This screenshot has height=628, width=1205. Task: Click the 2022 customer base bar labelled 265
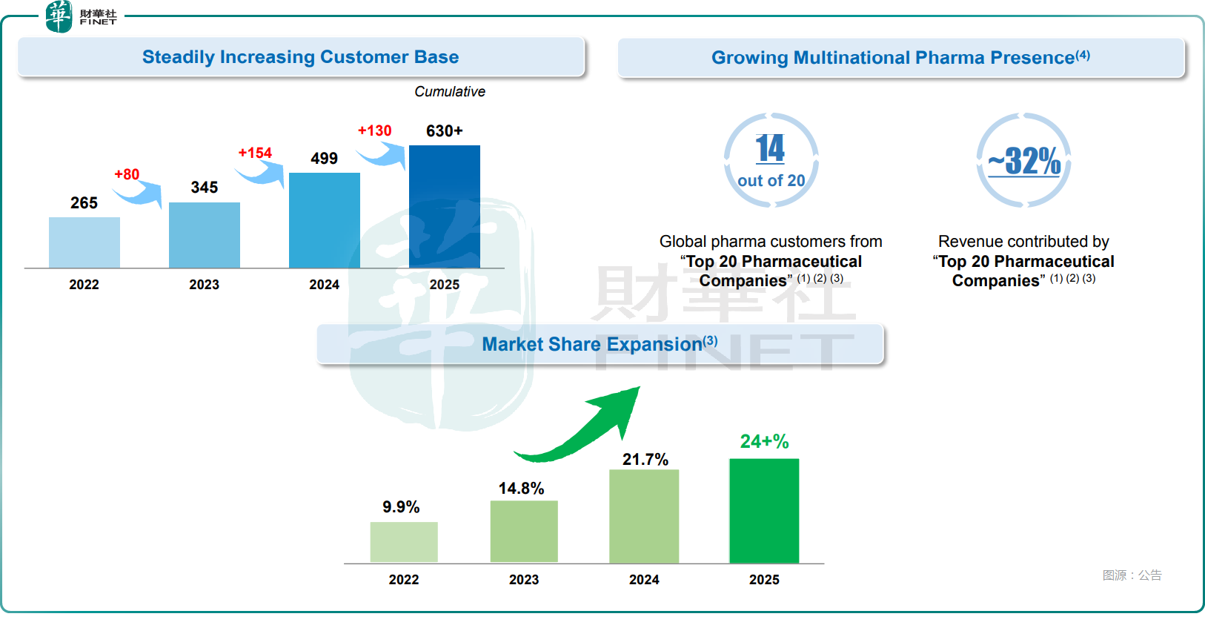click(84, 242)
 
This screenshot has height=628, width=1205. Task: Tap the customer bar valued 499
click(324, 220)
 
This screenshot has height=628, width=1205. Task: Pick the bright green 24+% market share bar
click(764, 510)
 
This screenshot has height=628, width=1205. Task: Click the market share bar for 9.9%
click(404, 542)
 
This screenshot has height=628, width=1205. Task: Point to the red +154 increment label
click(255, 153)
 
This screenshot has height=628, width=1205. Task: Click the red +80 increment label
click(127, 174)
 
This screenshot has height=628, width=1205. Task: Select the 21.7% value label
click(645, 460)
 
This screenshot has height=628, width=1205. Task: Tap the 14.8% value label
click(521, 489)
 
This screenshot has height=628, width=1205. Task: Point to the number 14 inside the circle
click(770, 149)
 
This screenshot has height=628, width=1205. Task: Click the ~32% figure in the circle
click(1024, 161)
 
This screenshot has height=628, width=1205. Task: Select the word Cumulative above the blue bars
click(450, 92)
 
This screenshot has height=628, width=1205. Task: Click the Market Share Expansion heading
click(600, 344)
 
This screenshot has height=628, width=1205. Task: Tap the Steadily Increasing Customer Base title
click(300, 57)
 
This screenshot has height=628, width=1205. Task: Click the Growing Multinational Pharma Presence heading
click(900, 58)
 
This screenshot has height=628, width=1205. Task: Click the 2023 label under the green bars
click(524, 580)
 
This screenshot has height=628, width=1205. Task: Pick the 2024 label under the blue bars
click(324, 285)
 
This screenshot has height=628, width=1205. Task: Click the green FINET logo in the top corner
click(59, 16)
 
